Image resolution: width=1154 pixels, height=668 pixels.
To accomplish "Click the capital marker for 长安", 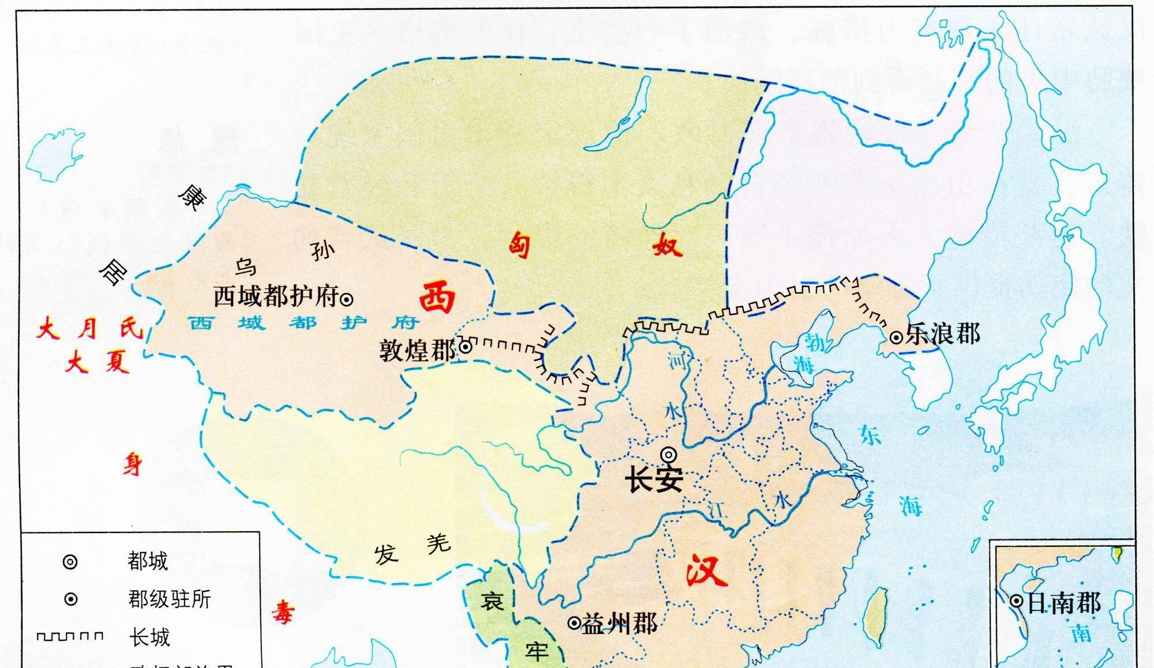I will [x=669, y=455].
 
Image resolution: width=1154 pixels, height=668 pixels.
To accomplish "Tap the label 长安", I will [x=655, y=480].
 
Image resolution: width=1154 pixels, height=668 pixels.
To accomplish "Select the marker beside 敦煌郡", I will [x=466, y=347].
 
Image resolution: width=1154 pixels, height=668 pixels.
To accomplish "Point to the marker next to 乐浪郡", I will [x=896, y=337].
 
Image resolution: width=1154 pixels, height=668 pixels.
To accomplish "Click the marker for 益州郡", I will [x=574, y=623].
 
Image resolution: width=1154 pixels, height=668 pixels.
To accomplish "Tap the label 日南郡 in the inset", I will [x=1064, y=603].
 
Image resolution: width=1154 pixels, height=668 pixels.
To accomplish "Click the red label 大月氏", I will [x=89, y=330].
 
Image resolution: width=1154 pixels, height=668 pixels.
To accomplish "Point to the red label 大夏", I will [x=97, y=363].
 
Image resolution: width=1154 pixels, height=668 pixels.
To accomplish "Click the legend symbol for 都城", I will [x=70, y=561].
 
